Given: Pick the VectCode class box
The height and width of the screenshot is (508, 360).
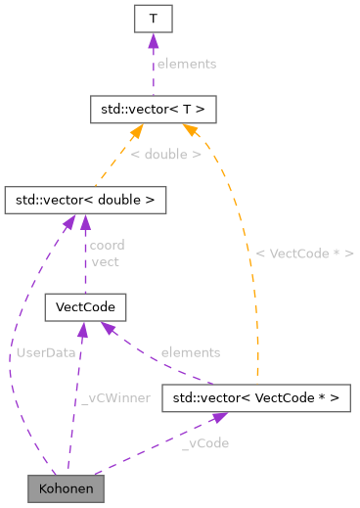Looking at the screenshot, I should pos(85,307).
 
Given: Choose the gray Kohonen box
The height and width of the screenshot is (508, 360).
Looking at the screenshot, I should pos(66,486).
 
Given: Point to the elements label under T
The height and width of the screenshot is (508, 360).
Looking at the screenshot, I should pos(186,64).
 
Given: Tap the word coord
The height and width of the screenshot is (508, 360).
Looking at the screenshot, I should pos(107,245).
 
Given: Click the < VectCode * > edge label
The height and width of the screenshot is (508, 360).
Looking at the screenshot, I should pos(304,253).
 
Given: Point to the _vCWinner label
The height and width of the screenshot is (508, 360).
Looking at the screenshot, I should pos(115,397).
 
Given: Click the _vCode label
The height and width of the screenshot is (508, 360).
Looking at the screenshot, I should pos(205,442).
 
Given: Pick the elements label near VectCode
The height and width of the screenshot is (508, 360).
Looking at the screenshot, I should pos(191,351).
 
